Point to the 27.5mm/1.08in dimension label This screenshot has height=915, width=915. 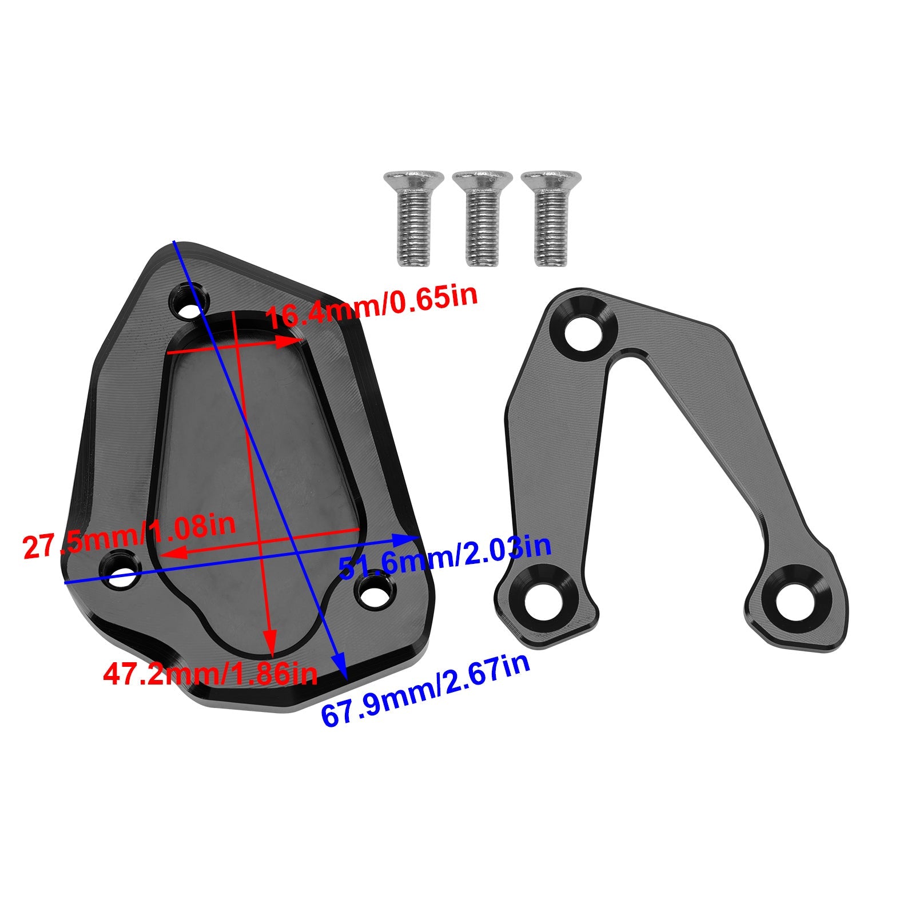point(129,537)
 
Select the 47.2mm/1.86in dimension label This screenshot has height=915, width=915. point(210,674)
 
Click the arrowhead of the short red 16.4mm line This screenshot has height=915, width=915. point(289,342)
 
